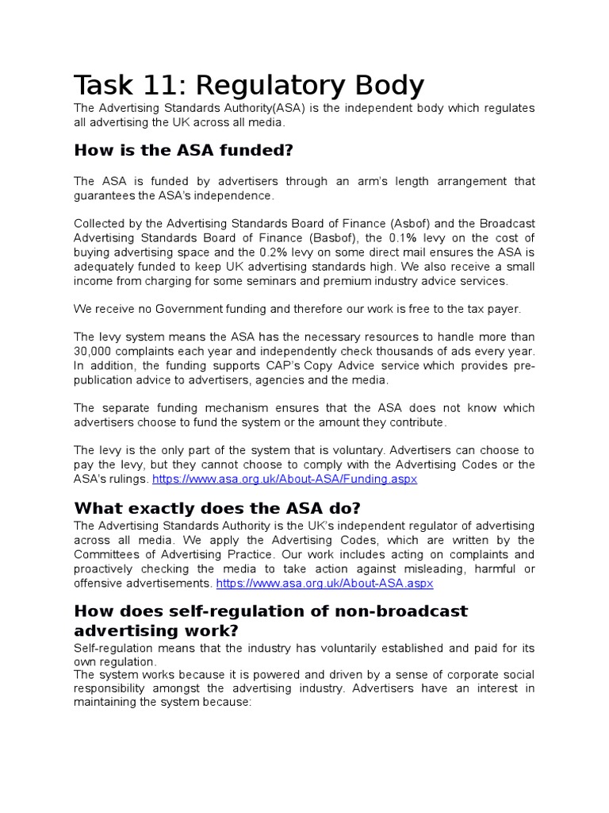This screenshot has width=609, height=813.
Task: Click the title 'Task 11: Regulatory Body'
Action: coord(249,86)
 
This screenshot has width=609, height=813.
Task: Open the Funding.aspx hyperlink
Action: coord(284,480)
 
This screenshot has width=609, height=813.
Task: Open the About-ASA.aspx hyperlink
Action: coord(324,584)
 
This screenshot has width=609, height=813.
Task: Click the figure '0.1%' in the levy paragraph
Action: coord(400,238)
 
